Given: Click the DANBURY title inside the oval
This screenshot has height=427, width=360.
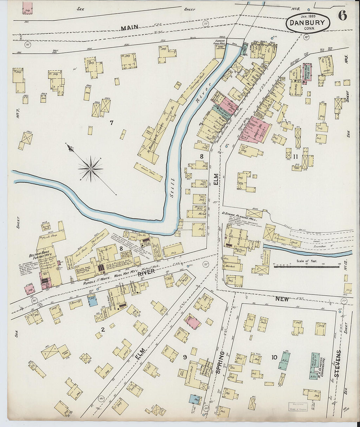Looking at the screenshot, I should [308, 23].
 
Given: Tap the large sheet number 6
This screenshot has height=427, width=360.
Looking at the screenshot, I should [342, 16].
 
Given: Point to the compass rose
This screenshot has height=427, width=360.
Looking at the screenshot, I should [90, 169].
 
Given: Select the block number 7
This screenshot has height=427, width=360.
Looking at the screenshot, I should [111, 123].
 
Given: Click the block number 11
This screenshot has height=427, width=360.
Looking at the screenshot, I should [296, 156].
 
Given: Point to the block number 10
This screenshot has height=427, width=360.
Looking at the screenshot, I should [274, 357].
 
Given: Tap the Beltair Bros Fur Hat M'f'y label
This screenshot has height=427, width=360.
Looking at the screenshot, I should [40, 253].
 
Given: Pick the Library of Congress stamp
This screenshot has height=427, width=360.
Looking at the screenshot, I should [298, 406].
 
